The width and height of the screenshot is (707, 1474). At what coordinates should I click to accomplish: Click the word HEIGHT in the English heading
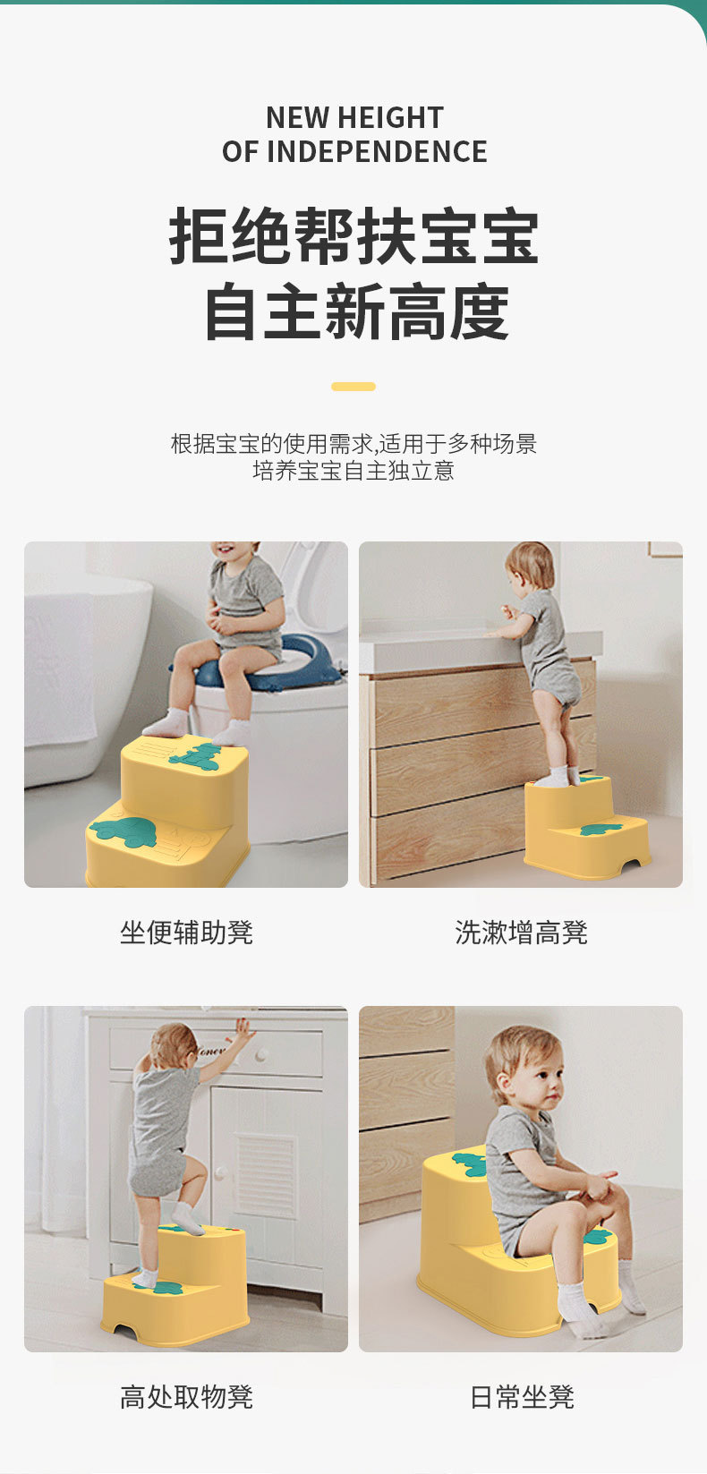(x=390, y=118)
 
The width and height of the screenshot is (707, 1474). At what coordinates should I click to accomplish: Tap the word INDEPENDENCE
(x=377, y=152)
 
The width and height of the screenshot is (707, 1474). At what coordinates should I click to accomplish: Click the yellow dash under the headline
(x=353, y=387)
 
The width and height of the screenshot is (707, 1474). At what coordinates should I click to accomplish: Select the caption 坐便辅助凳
(x=186, y=933)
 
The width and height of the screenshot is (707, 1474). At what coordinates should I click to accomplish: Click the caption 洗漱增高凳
(x=521, y=933)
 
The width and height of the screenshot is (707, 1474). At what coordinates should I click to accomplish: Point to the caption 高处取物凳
(x=186, y=1397)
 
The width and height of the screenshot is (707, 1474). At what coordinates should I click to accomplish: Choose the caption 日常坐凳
(x=522, y=1397)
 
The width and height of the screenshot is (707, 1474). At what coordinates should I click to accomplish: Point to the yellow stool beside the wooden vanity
(x=586, y=827)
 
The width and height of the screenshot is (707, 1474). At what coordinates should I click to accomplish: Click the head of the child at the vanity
(x=532, y=568)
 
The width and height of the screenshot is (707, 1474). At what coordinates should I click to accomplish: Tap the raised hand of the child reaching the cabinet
(x=245, y=1027)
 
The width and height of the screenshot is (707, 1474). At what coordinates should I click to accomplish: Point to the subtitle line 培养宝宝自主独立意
(x=353, y=471)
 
